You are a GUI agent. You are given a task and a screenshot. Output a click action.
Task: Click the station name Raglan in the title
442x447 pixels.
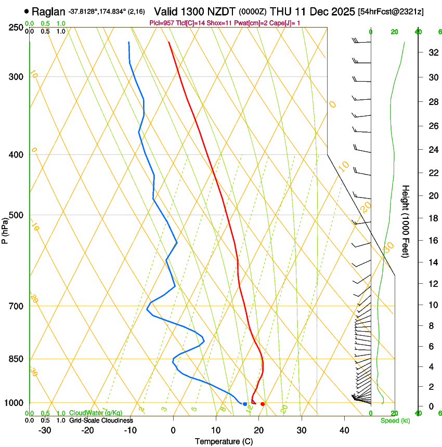(48, 11)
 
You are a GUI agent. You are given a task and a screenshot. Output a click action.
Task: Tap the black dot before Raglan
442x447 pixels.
(27, 11)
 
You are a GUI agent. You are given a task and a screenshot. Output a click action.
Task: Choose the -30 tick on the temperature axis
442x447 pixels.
(45, 430)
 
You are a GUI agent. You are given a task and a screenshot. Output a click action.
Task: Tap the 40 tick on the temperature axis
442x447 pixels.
(344, 430)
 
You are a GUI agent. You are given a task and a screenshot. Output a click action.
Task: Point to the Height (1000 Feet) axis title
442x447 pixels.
(406, 221)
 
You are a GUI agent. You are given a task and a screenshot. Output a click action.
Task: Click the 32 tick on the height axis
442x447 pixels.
(432, 52)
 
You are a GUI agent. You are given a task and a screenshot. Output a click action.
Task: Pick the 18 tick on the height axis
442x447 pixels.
(432, 218)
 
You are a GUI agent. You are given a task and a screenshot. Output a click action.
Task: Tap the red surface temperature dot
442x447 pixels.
(263, 404)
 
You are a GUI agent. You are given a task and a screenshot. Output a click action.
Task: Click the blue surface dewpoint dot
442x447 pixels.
(245, 404)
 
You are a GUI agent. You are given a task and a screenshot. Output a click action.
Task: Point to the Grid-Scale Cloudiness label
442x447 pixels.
(101, 420)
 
